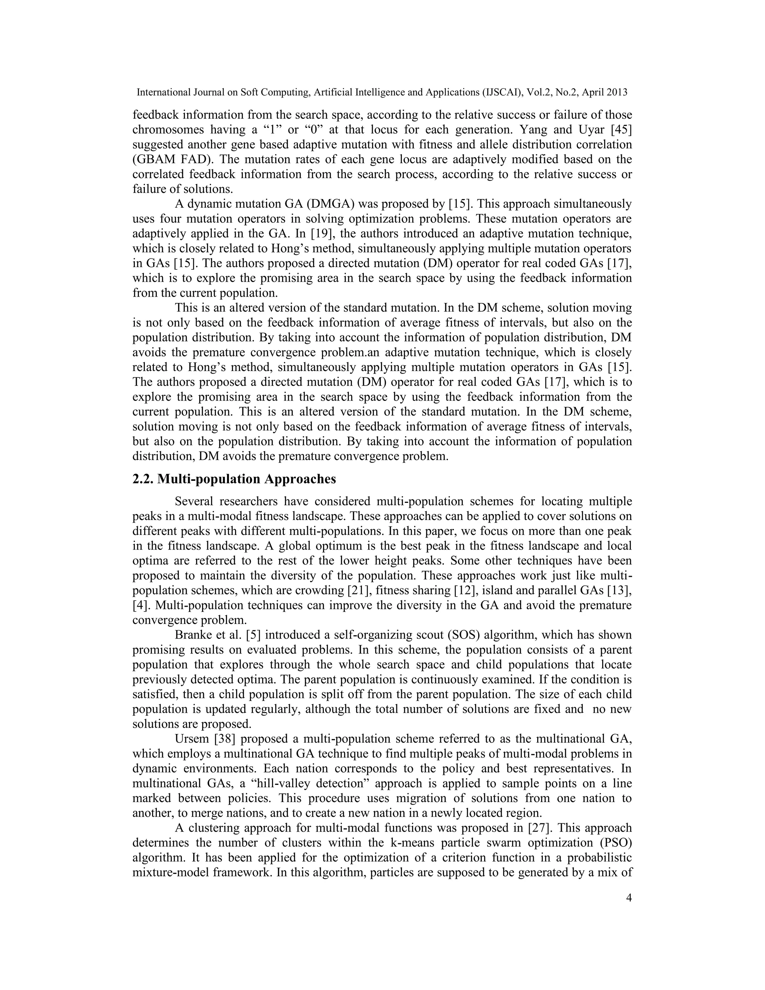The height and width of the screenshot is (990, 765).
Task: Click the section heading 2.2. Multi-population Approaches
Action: (234, 479)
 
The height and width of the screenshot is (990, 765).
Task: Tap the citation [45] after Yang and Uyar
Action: (621, 130)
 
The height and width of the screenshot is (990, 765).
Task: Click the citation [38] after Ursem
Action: (224, 739)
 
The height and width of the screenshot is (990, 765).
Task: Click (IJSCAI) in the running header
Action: (502, 93)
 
